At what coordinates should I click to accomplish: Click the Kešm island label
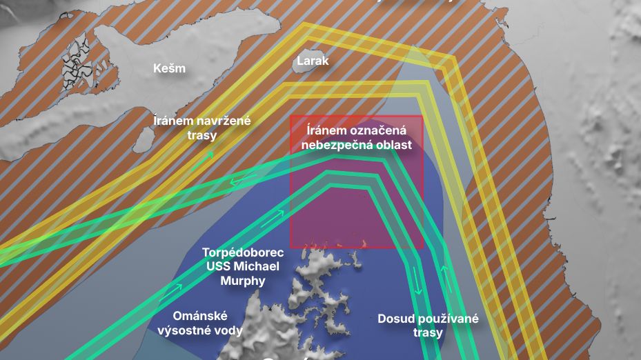169,68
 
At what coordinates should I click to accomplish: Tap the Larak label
313,61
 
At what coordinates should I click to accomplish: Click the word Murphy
243,281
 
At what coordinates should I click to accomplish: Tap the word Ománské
199,316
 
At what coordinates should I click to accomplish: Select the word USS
217,266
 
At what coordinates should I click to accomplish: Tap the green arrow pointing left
239,181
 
